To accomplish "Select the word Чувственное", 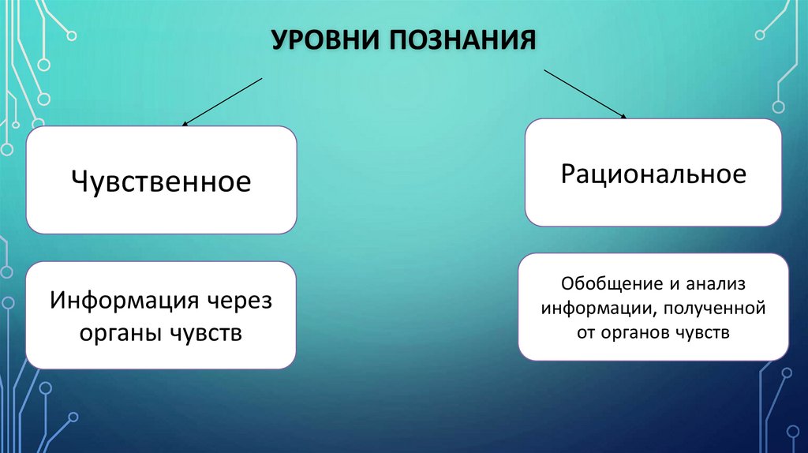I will point(161,181).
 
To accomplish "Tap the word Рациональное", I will point(653,174).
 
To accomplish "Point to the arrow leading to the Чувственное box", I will point(223,102).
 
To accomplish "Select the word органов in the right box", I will point(637,332).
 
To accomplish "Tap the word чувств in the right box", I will point(703,332).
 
